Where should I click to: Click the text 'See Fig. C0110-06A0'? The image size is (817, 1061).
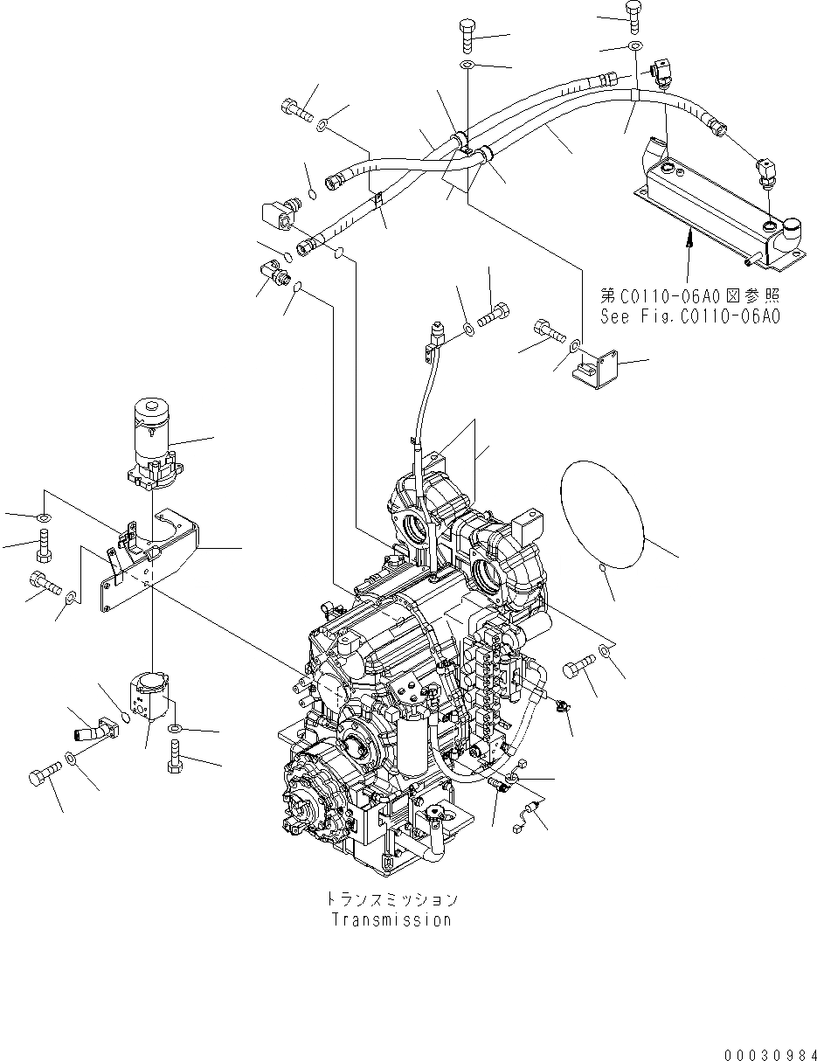pos(689,316)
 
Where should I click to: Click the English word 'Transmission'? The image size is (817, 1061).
pos(391,919)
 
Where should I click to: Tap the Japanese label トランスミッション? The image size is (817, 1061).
pos(391,899)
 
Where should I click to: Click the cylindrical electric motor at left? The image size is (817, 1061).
pos(152,437)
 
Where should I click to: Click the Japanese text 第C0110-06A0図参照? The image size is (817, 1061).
pos(690,296)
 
